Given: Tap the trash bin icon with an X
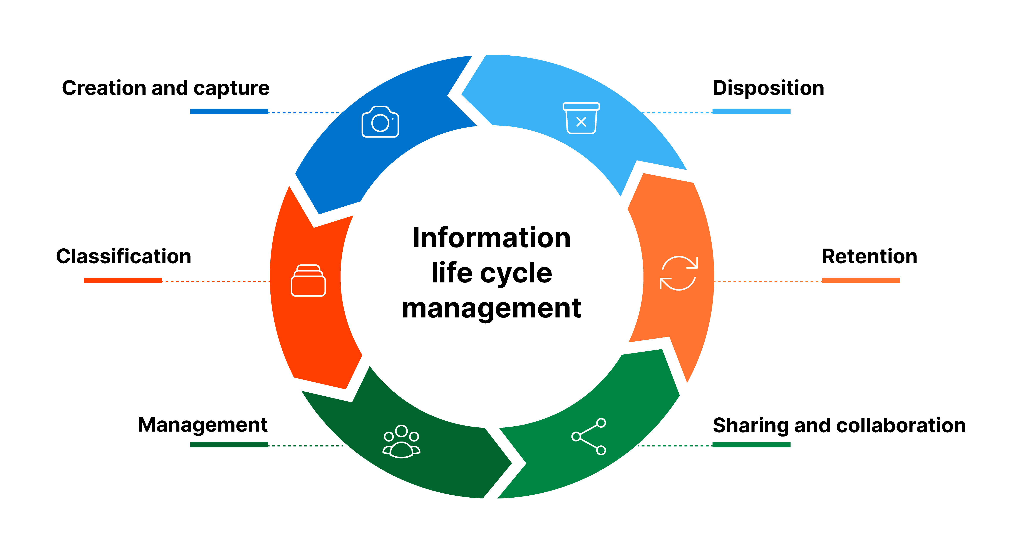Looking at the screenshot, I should coord(581,118).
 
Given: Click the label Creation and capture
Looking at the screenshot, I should coord(166,88).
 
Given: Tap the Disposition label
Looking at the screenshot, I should coord(768,88).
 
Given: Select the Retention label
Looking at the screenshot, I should coord(869,256).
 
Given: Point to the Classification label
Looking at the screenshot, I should coord(123,256).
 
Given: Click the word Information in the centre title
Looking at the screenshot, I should coord(492,238).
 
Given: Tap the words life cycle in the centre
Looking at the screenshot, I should coord(492,273).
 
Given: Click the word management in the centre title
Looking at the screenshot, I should coord(492,308).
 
